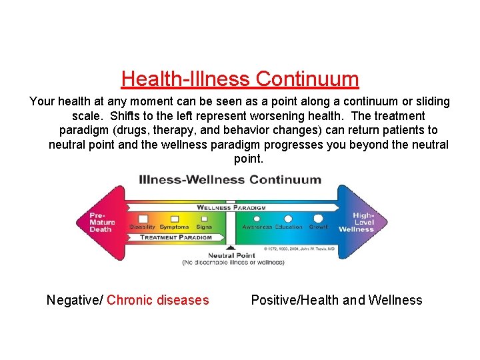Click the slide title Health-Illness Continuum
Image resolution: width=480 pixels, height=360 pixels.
(240, 79)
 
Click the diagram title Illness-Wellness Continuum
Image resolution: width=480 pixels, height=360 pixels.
(230, 179)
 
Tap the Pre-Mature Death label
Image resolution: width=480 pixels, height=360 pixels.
(101, 222)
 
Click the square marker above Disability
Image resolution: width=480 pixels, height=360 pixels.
(143, 218)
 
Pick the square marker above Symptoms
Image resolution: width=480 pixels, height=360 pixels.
(174, 218)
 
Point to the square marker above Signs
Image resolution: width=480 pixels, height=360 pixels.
(204, 218)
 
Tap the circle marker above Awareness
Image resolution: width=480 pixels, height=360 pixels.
(257, 218)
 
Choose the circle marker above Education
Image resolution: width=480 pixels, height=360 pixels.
(289, 218)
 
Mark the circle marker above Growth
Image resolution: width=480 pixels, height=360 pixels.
(318, 218)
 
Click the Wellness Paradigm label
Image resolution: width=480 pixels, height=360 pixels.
(231, 207)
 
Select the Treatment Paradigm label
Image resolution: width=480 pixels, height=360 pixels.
(176, 237)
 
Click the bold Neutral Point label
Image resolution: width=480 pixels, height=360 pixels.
(231, 255)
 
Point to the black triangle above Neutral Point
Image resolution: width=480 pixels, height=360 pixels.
(231, 248)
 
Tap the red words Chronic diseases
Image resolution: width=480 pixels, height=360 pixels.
(157, 300)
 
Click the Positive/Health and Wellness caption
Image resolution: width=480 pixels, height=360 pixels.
(337, 300)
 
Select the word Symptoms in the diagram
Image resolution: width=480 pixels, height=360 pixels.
(174, 227)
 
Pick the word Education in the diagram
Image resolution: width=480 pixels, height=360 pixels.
(289, 227)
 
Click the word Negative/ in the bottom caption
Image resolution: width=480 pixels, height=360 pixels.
(75, 300)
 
